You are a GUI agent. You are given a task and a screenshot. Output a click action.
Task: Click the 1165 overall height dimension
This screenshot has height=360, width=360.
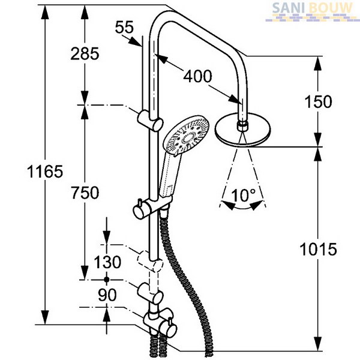point(45,171)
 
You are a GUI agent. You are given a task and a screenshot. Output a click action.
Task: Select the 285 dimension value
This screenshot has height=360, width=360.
point(85,54)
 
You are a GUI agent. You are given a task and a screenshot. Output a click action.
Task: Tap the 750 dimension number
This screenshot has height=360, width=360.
point(85,193)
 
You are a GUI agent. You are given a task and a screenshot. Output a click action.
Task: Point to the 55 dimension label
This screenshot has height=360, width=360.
point(124,27)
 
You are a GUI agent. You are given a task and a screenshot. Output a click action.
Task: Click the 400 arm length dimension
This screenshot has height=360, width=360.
point(197,76)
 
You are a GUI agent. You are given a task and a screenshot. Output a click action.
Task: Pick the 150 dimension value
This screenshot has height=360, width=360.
point(318,101)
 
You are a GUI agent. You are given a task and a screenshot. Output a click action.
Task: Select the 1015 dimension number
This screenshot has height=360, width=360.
point(318,250)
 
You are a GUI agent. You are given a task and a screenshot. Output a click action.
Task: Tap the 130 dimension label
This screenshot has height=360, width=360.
point(107,262)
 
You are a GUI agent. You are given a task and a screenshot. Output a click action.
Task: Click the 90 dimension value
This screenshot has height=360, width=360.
point(107,295)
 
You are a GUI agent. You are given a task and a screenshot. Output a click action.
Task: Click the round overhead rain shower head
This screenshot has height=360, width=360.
point(242,130)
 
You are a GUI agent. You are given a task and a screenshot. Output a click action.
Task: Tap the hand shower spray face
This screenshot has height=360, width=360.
point(186,136)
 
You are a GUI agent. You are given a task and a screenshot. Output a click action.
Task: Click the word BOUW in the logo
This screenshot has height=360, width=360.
point(331,8)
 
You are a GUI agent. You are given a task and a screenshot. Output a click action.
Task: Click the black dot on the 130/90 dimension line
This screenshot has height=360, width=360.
point(106,280)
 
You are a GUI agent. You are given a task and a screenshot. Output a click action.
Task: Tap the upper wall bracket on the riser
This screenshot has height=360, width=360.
point(151,121)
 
